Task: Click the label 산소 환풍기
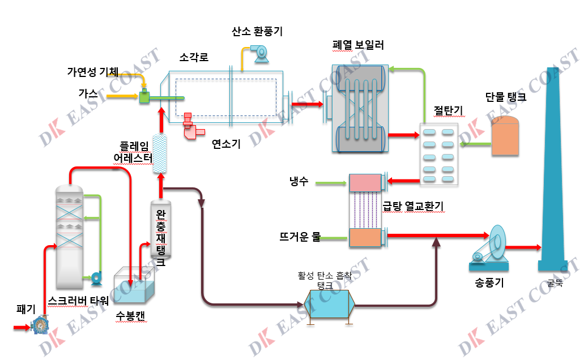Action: tap(257, 32)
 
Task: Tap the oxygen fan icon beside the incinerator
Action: tap(262, 53)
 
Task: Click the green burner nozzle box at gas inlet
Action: tap(144, 97)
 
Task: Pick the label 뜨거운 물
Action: tap(300, 237)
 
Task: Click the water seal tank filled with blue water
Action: tap(133, 286)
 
